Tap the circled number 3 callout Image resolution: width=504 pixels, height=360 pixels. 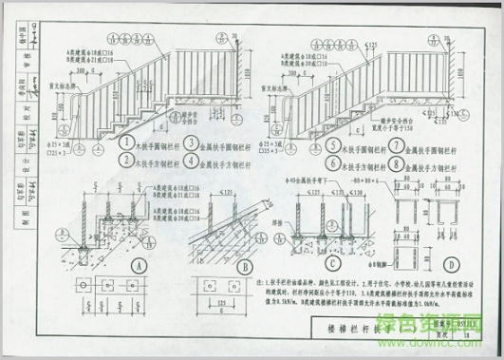190,144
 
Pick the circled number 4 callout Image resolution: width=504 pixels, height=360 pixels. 190,162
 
